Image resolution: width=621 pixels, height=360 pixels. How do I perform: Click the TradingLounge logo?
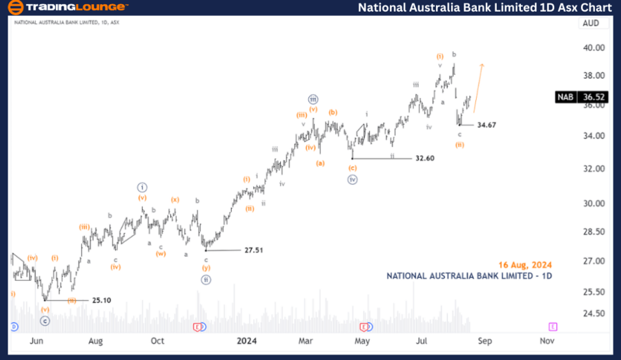click(68, 8)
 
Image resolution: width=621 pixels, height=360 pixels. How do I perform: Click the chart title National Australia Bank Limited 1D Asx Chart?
click(485, 8)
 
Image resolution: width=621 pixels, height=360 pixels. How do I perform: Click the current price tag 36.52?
click(593, 97)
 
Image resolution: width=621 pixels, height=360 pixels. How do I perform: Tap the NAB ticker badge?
click(566, 97)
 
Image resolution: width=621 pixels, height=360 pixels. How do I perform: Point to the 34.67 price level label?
click(486, 125)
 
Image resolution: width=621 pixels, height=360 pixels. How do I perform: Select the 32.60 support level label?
click(424, 159)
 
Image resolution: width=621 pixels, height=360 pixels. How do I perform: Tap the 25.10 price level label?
click(101, 301)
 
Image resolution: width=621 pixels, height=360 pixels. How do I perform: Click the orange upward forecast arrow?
click(477, 87)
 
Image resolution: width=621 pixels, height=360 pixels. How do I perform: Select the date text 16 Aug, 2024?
click(526, 264)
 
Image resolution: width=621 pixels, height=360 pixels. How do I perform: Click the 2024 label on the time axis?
click(247, 340)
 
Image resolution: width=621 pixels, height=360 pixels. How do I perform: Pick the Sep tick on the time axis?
click(484, 340)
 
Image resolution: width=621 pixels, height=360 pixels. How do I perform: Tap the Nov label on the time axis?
click(546, 340)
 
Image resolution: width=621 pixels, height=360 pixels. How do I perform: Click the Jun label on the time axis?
click(37, 340)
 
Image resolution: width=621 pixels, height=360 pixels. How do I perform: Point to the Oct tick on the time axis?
click(157, 340)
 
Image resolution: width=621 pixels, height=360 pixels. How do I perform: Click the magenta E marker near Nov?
click(553, 326)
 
